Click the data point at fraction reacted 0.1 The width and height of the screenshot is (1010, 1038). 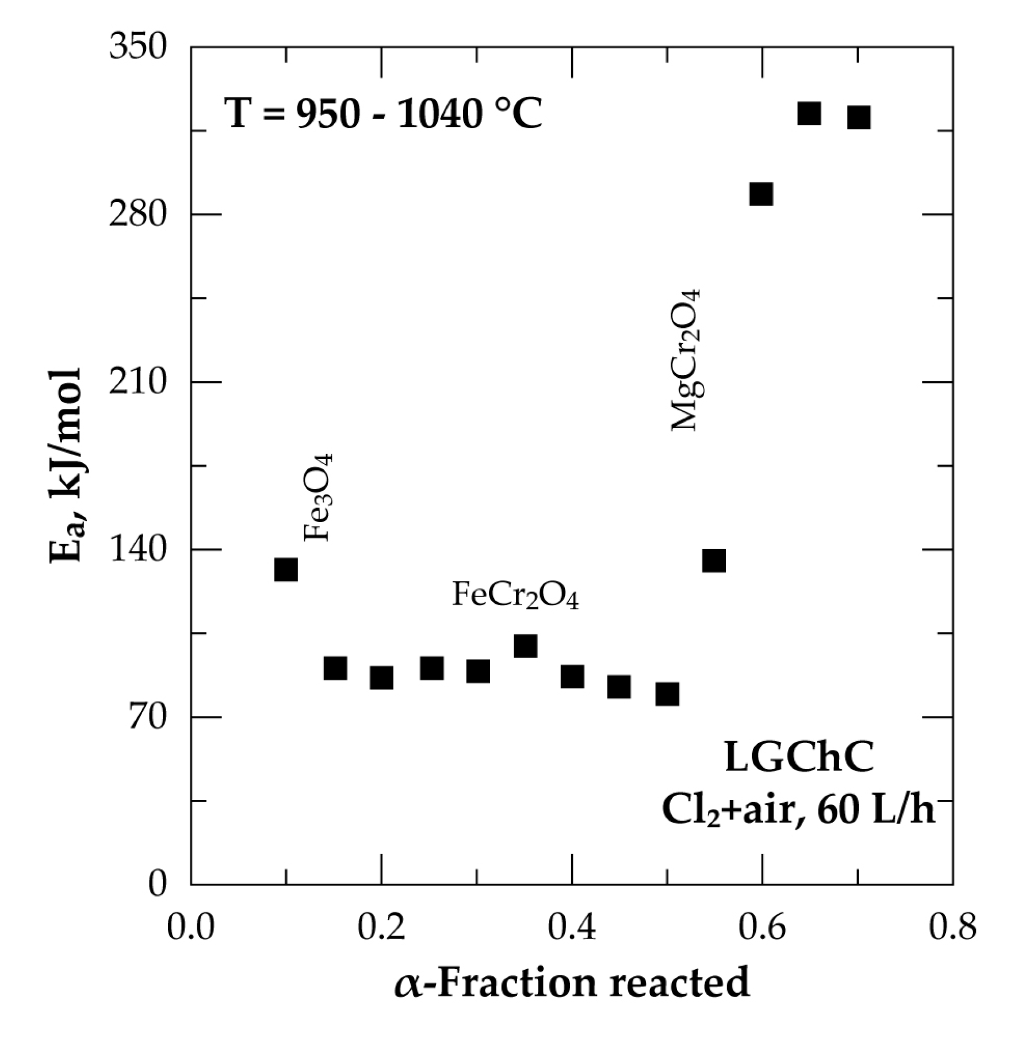coord(286,569)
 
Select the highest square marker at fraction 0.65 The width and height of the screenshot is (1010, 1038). coord(809,113)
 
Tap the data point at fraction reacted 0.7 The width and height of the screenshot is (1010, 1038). coord(859,117)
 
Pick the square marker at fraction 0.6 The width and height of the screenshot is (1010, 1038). coord(761,194)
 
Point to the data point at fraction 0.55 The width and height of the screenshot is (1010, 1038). coord(714,560)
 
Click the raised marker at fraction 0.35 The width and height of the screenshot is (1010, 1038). coord(526,646)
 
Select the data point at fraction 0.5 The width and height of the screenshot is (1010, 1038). coord(667,694)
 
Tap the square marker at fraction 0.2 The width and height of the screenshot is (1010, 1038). coord(382,678)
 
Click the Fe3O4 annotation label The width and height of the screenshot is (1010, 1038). coord(318,497)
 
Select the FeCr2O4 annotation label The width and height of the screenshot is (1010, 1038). coord(515,595)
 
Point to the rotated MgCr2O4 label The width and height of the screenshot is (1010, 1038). coord(686,360)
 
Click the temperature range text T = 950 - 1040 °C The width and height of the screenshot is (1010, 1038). coord(383,114)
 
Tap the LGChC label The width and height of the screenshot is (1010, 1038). coord(799,757)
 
